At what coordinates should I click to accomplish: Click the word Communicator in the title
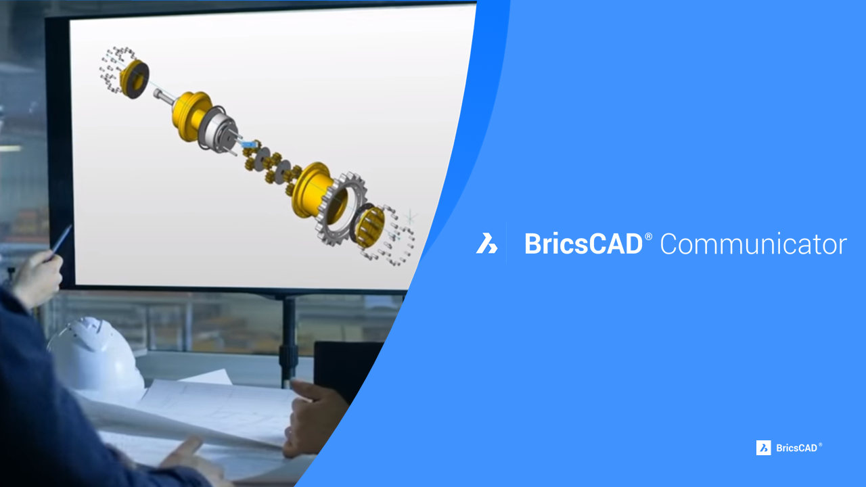[754, 244]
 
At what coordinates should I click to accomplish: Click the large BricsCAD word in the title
[583, 244]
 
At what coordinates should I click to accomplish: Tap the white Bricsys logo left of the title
[486, 243]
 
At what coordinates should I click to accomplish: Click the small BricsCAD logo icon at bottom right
[764, 448]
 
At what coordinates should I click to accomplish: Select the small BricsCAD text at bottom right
[796, 448]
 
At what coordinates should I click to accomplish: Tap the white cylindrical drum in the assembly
[219, 131]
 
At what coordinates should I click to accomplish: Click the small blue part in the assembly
[248, 144]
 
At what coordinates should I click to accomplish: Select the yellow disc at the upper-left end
[134, 78]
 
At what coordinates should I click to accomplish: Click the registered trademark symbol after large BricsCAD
[648, 236]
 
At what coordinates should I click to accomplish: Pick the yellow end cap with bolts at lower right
[370, 227]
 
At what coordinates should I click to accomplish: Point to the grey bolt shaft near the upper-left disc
[164, 96]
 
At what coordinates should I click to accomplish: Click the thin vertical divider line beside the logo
[506, 243]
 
